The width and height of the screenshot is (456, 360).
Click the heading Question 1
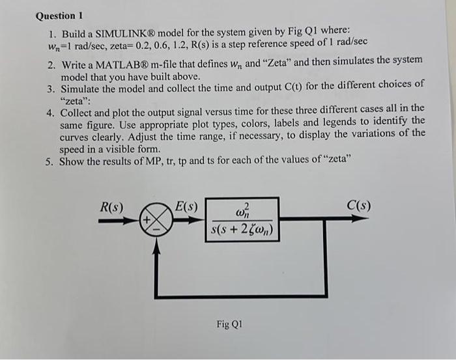tap(61, 15)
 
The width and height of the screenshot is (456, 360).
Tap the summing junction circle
tap(155, 221)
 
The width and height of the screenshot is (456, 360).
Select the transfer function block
tap(242, 219)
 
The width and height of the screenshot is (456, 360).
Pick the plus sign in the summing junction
tap(148, 220)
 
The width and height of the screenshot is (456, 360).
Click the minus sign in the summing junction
tap(156, 228)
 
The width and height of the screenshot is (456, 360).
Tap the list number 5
tap(50, 162)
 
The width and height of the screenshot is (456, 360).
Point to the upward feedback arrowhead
tap(155, 239)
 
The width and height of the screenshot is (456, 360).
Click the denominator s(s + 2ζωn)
tap(242, 230)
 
